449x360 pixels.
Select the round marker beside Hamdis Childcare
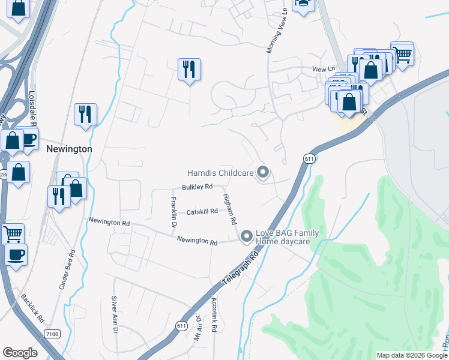262,173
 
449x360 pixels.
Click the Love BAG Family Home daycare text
287,237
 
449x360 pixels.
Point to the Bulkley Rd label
198,187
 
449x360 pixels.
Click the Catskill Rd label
202,211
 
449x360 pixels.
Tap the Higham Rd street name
230,209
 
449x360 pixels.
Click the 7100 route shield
52,333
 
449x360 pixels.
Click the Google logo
20,353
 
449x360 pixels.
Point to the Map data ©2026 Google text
411,355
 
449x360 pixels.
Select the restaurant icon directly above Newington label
85,113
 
